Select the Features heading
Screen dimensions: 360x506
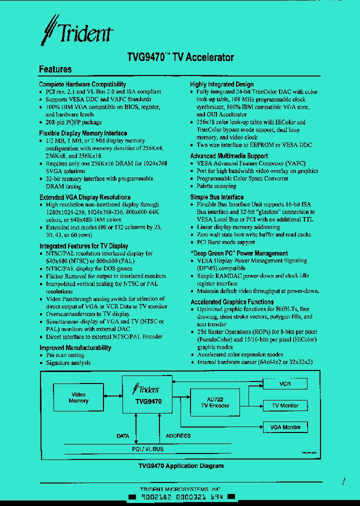(55, 69)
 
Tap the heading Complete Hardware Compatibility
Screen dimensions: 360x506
(82, 84)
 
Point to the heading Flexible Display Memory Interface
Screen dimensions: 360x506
(83, 133)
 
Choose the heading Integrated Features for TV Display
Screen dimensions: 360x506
(83, 246)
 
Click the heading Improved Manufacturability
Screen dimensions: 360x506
(75, 347)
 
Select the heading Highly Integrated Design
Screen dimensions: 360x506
(221, 84)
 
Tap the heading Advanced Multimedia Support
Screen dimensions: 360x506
(229, 156)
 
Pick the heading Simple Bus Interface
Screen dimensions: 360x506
(217, 197)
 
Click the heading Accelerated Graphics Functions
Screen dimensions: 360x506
(232, 302)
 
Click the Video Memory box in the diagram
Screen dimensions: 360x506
(78, 398)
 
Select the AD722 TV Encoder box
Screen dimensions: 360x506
(215, 402)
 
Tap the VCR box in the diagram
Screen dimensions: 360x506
(285, 384)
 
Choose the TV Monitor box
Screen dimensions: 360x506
(285, 405)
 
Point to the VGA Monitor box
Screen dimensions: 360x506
(285, 427)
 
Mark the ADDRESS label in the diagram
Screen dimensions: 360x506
(178, 435)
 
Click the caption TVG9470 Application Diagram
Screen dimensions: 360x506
(180, 466)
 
